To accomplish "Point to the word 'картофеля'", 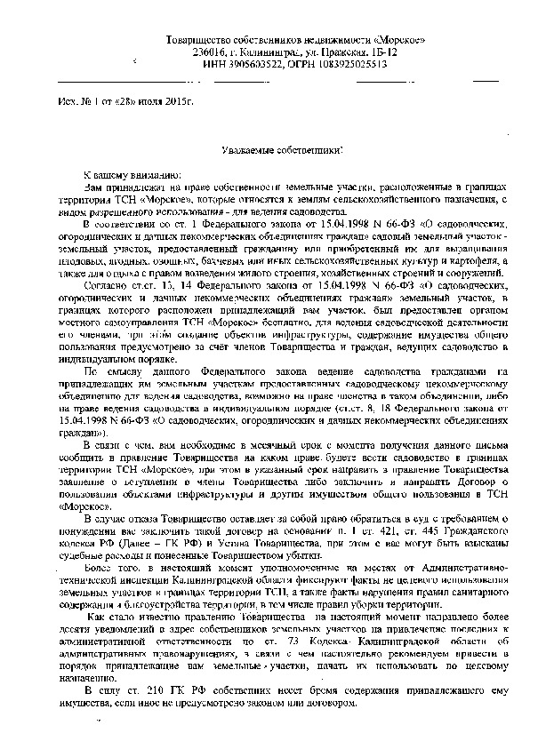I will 479,261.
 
